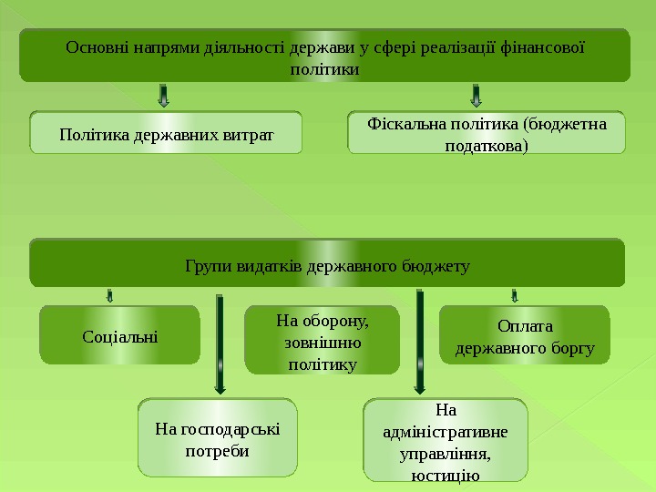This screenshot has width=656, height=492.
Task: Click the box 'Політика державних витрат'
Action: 166,133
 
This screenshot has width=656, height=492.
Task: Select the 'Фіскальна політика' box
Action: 487,133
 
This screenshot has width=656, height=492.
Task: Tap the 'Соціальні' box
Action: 119,335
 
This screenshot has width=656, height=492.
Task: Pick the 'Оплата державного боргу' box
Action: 524,335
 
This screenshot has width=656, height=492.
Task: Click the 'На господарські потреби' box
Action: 218,437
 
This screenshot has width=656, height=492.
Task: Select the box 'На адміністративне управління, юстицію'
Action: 446,439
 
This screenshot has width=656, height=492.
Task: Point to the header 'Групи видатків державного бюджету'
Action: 327,265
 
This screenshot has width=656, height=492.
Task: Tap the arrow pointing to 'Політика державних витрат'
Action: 164,96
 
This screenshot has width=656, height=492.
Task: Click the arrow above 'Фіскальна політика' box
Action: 476,96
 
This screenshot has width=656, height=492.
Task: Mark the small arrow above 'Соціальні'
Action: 109,295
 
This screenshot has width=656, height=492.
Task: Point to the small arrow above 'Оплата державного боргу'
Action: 515,295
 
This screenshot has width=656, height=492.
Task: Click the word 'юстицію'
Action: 446,474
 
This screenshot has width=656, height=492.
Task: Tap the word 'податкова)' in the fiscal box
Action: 487,145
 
